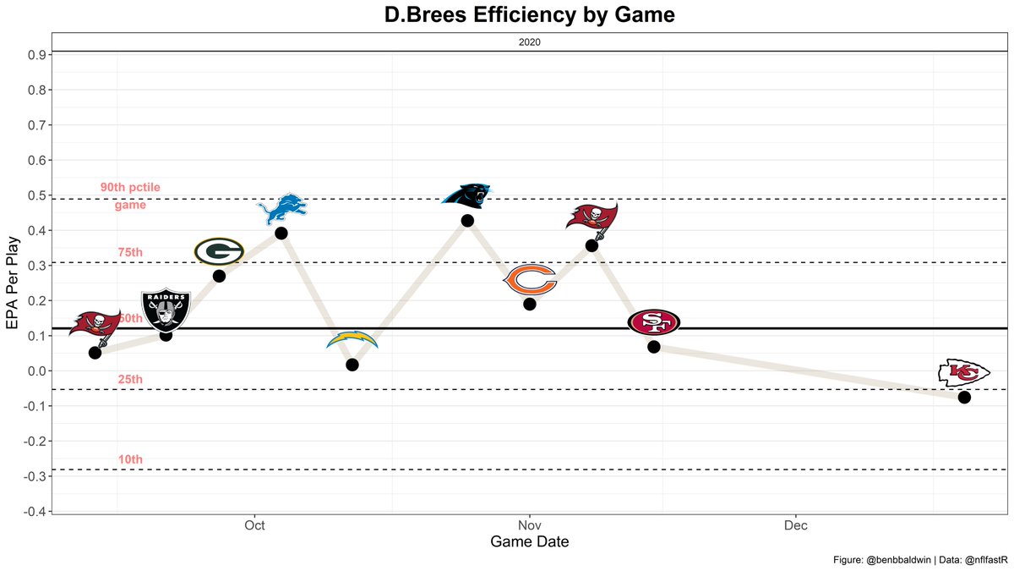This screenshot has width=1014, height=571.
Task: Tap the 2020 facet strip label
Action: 529,41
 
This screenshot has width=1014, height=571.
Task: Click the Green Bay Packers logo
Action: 219,251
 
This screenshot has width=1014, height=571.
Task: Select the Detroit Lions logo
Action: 281,210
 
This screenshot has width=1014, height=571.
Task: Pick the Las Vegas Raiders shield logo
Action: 166,310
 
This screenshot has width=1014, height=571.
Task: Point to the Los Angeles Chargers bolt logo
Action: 352,341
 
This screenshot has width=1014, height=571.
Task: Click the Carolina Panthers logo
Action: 466,195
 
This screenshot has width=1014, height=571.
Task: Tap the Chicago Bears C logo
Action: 530,280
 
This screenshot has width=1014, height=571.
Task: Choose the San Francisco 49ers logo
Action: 653,321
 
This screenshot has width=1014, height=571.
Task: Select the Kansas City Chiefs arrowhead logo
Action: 964,372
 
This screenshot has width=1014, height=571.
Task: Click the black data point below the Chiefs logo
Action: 964,397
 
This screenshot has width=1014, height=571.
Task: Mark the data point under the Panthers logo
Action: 467,221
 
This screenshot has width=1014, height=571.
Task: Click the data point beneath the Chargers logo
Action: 352,365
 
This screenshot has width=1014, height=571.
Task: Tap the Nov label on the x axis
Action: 529,525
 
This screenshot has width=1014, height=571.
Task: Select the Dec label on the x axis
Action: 795,525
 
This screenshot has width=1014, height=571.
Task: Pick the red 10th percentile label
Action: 130,460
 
